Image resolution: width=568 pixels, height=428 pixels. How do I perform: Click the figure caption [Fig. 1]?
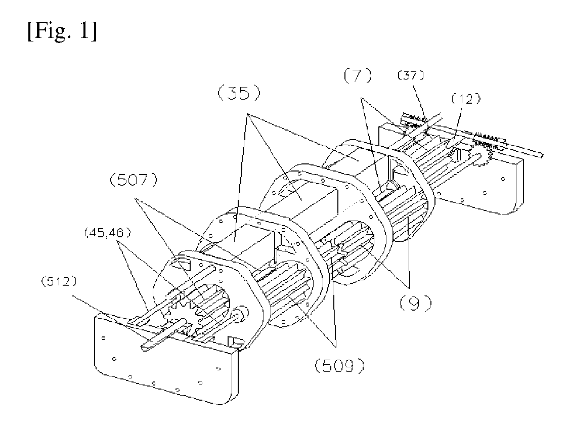tap(62, 31)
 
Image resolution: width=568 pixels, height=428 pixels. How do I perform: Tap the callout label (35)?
tap(239, 94)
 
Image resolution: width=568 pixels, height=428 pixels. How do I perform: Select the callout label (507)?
tap(134, 180)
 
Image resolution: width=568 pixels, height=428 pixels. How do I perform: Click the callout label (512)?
tap(59, 282)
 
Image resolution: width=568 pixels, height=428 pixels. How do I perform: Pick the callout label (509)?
tap(339, 367)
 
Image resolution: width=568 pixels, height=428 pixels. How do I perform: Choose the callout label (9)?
tap(415, 303)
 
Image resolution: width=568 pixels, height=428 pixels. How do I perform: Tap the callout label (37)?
tap(411, 75)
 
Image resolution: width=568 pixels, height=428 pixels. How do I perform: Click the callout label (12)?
tap(466, 99)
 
